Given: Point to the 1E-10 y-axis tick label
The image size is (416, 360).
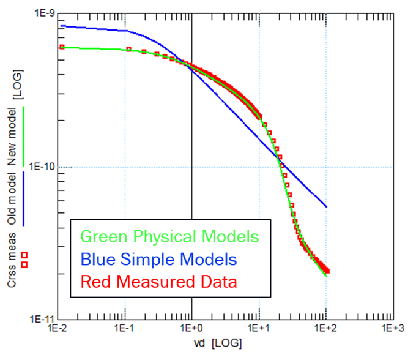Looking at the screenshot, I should click(x=40, y=167).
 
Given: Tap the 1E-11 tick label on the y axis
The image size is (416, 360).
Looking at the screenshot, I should click(x=40, y=319).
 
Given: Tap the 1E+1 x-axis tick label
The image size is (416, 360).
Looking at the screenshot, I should click(x=259, y=329).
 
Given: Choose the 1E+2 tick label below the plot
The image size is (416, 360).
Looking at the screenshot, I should click(x=326, y=329).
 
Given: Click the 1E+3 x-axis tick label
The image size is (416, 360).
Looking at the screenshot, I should click(x=393, y=329).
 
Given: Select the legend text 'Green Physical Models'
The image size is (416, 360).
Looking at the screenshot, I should click(x=169, y=237).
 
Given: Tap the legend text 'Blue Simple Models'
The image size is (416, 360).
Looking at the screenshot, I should click(x=158, y=260).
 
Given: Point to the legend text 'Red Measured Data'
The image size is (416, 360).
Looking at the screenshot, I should click(x=158, y=282).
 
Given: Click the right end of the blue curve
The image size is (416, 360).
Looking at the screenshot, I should click(x=326, y=207).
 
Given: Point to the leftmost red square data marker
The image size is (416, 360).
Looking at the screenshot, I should click(x=61, y=47).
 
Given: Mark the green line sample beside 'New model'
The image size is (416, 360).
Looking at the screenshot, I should click(x=24, y=135).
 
